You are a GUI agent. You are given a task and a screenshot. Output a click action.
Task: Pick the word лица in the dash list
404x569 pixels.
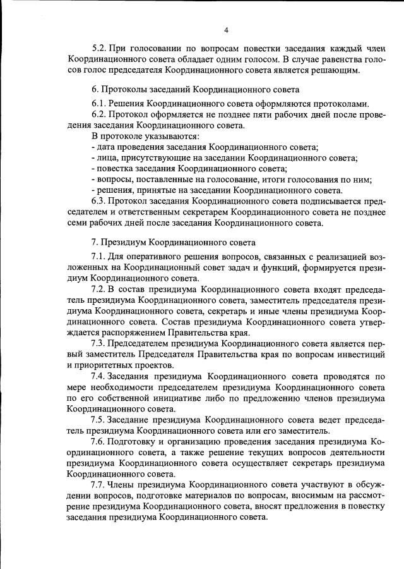coord(107,158)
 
